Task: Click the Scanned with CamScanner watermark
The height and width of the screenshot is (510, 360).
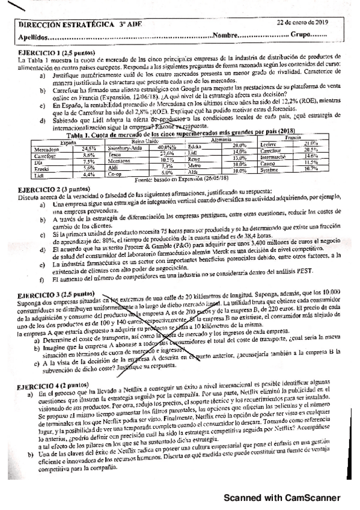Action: click(x=282, y=497)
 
